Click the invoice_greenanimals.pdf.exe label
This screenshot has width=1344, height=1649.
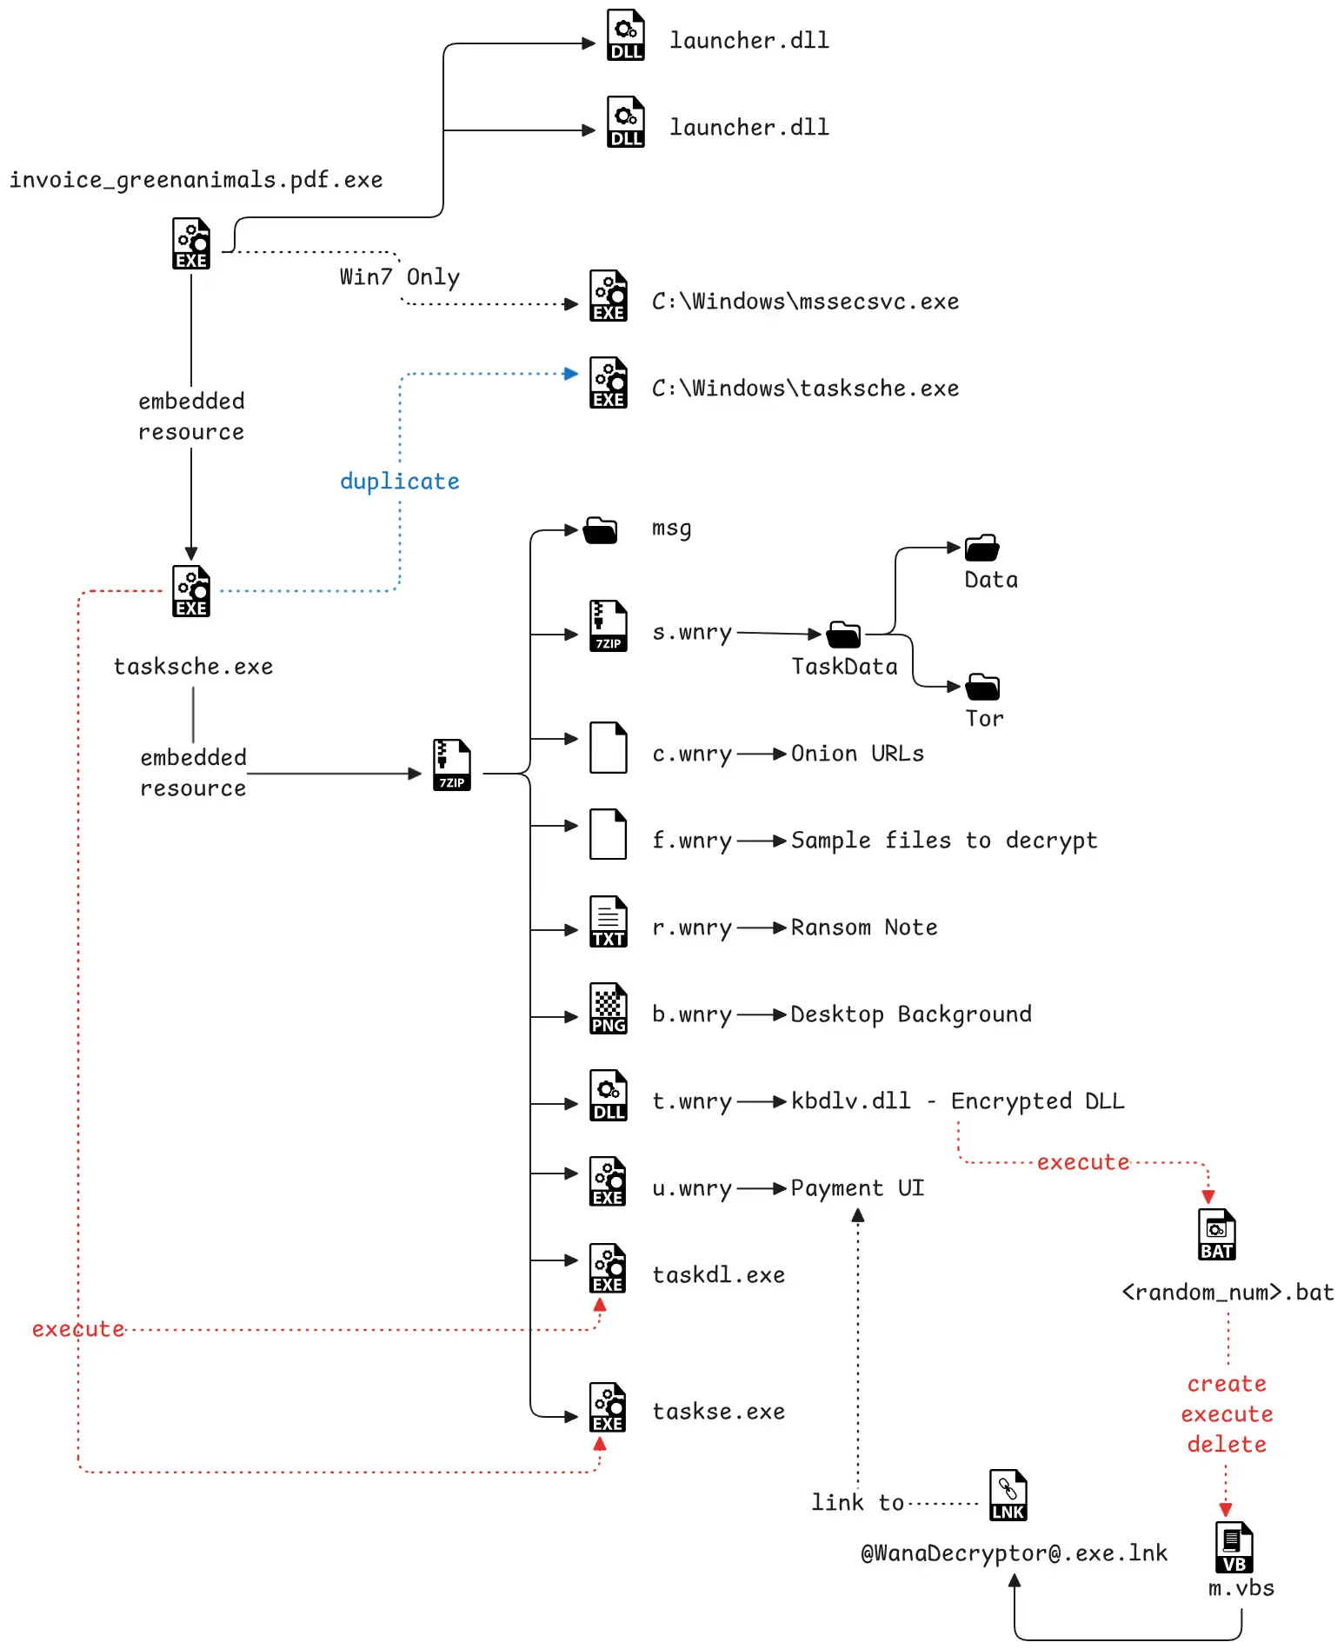pos(196,180)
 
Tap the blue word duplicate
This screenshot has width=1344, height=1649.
pos(399,482)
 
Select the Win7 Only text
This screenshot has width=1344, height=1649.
pos(399,277)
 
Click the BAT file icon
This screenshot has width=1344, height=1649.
pos(1216,1234)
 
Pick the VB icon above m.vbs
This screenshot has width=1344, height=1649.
pos(1234,1547)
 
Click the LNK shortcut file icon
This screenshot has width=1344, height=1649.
pos(1008,1495)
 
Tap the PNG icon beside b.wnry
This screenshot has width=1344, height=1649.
pos(609,1008)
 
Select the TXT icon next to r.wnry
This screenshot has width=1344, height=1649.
pos(609,921)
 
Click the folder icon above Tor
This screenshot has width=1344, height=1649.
pos(982,687)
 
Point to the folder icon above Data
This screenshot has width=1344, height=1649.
pos(982,548)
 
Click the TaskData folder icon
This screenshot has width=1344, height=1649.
pos(843,635)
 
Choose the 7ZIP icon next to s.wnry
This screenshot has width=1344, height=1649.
pos(609,626)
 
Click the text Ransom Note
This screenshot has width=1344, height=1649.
pos(863,928)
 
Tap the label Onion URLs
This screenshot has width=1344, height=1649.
pos(856,754)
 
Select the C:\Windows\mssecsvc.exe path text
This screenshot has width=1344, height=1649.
pos(805,302)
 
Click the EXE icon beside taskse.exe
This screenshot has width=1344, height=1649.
pos(609,1407)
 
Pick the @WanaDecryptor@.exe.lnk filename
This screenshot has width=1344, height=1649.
pos(1014,1553)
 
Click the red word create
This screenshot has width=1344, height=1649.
pos(1227,1384)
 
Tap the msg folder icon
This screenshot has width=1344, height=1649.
pos(600,529)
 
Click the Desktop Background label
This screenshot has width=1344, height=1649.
pos(910,1014)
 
